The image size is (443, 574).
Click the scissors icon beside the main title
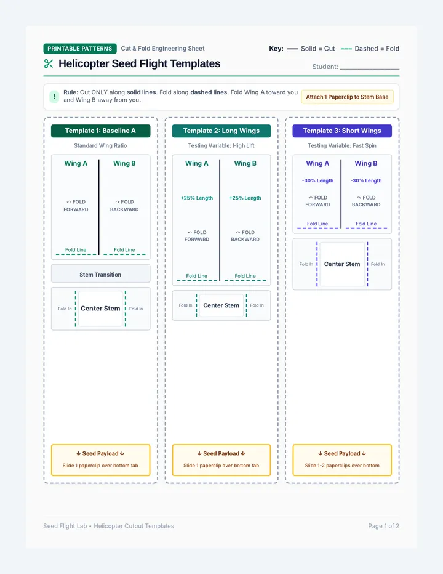tap(48, 63)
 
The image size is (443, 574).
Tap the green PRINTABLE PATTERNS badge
tap(80, 48)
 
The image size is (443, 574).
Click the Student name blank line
tap(369, 69)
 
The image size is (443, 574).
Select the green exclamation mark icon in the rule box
tap(54, 97)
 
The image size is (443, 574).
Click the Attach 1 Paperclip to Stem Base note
tap(347, 97)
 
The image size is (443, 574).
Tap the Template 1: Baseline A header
tap(101, 131)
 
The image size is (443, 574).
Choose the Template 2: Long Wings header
tap(221, 131)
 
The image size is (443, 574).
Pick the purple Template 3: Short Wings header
tap(342, 131)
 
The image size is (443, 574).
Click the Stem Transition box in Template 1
tap(101, 273)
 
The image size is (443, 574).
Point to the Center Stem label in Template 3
tap(342, 264)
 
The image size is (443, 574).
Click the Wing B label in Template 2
tap(245, 163)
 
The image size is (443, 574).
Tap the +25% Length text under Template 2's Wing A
tap(197, 198)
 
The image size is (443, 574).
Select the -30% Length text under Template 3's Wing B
tap(366, 180)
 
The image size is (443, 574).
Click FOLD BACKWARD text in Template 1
tap(124, 205)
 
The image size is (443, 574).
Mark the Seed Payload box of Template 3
tap(342, 460)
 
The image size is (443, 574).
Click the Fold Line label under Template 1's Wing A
tap(76, 249)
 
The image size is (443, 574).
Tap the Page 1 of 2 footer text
tap(384, 526)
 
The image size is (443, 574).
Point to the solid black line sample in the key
tap(293, 49)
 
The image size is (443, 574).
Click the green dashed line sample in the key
tap(346, 49)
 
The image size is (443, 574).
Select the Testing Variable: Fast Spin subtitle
tap(342, 145)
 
